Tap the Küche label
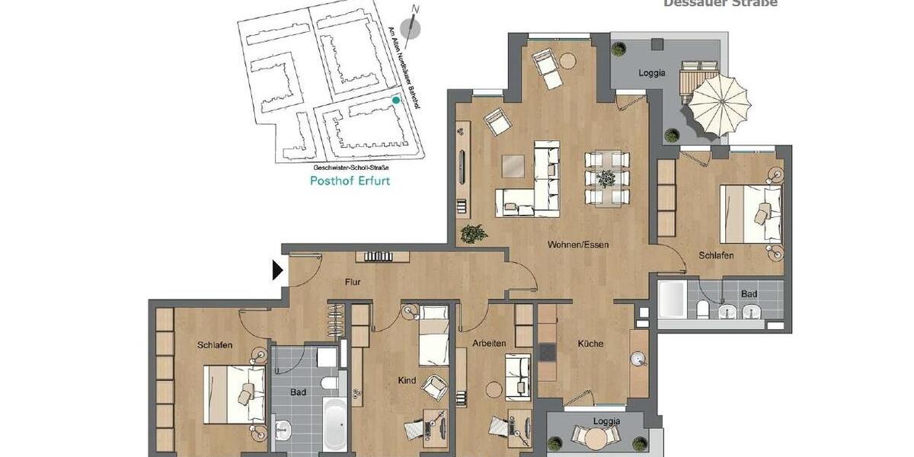[x=590, y=344]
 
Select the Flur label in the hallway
[x=352, y=283]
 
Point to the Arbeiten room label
[x=488, y=344]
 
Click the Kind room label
[x=407, y=380]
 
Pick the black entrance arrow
[x=278, y=270]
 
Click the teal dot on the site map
[x=395, y=100]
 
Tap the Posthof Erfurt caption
[x=350, y=181]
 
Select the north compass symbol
[x=411, y=28]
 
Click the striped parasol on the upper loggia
[x=720, y=103]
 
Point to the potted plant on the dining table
[x=606, y=179]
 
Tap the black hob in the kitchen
[x=548, y=351]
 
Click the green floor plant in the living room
[x=474, y=232]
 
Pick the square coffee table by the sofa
[x=513, y=165]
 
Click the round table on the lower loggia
[x=593, y=437]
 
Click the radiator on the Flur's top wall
[x=378, y=257]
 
